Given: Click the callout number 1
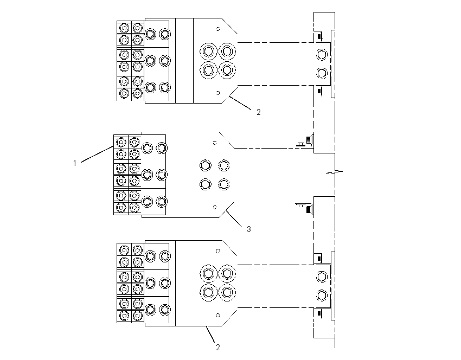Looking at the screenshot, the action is point(75,163).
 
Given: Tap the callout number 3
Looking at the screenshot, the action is point(249,229).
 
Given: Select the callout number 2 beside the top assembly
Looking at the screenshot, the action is point(258,112).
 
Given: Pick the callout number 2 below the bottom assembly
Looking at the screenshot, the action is point(218,348).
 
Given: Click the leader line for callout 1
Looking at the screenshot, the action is point(97,153).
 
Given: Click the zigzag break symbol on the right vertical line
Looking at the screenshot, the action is point(335,172).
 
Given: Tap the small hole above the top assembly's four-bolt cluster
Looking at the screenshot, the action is point(218,29).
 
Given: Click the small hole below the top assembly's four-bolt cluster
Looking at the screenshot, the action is point(218,93).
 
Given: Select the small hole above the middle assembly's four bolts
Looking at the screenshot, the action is point(215,143).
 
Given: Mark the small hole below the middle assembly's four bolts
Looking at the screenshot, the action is point(215,207).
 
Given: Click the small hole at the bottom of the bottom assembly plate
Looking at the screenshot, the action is point(218,316).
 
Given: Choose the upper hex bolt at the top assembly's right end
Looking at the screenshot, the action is point(322,55).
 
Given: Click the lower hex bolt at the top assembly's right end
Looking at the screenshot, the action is point(322,73).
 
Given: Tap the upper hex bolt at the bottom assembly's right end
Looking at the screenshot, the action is point(322,277).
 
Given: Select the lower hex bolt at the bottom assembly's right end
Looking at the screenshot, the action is point(322,295).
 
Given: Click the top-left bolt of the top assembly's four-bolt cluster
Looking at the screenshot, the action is point(208,52).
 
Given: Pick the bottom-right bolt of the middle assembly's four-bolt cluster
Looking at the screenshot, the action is point(224,184).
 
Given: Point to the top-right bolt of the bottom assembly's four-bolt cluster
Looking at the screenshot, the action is point(227,274).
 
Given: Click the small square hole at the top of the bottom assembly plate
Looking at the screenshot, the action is point(218,251).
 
